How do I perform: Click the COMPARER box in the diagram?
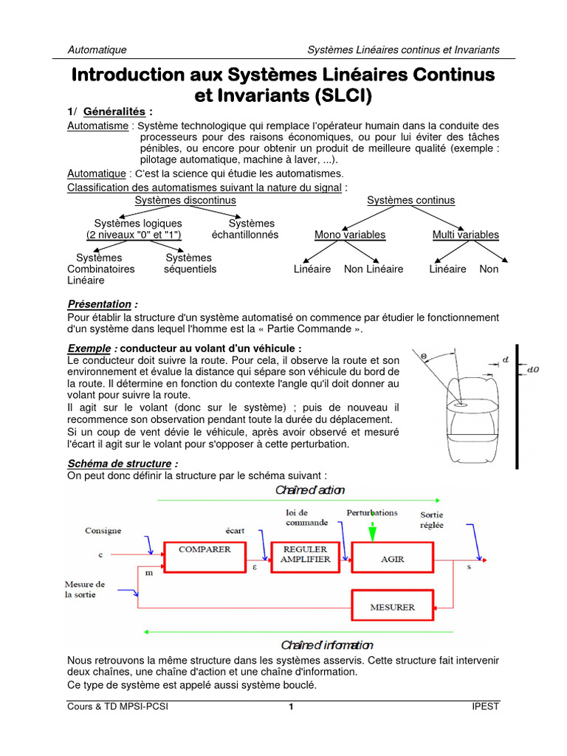pos(205,556)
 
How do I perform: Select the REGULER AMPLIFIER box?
pos(305,555)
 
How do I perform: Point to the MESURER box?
pos(392,607)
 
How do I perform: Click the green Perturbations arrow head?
pos(372,535)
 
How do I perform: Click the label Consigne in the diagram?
pos(103,530)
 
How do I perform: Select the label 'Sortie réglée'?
pos(432,520)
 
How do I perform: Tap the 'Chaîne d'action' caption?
pos(310,489)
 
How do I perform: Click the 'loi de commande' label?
pos(306,517)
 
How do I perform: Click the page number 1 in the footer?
pos(291,707)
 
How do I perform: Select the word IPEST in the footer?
pos(486,707)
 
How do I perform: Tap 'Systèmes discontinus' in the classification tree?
pos(185,200)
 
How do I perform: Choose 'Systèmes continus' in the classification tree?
pos(410,200)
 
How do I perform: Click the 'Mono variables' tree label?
pos(350,235)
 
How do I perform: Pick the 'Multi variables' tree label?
pos(465,235)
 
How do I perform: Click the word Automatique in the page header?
pos(97,49)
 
